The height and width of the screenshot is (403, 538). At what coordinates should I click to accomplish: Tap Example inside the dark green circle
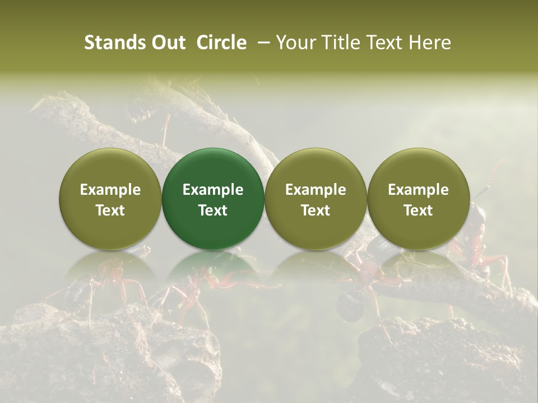click(213, 190)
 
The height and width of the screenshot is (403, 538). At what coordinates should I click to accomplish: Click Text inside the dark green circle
click(213, 210)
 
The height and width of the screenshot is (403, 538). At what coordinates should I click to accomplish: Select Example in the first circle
click(110, 190)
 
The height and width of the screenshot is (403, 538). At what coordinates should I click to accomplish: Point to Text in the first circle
click(110, 210)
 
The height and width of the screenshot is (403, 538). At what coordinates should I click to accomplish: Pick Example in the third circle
click(316, 190)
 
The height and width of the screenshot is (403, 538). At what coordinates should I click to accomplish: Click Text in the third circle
click(316, 210)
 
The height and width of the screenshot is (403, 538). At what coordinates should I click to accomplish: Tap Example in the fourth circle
click(418, 190)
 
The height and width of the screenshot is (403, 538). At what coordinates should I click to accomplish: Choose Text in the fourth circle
click(418, 210)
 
